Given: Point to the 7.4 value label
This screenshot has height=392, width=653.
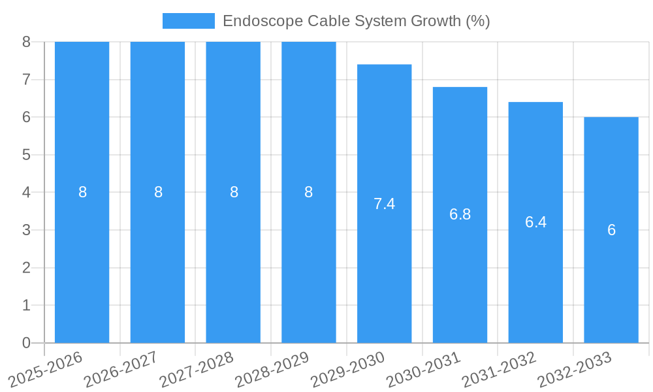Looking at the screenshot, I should [x=384, y=204].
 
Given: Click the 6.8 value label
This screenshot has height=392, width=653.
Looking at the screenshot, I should [x=460, y=214].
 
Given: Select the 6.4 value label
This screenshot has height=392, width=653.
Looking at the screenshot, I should [x=535, y=222].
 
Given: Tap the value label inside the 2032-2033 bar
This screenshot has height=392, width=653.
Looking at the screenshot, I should [x=611, y=230].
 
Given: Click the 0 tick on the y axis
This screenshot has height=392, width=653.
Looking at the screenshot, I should [x=26, y=343].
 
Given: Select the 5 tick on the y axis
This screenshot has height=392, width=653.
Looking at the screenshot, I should [x=26, y=155].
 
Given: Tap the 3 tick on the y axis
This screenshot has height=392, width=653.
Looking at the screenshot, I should [x=26, y=230].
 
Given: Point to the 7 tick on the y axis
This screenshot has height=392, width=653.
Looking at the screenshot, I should [x=26, y=80].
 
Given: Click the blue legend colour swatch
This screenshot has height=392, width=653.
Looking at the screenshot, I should [x=188, y=21].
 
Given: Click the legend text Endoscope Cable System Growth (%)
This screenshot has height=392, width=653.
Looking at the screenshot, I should [x=356, y=21].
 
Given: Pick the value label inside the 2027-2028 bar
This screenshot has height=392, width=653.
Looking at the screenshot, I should [x=234, y=192].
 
